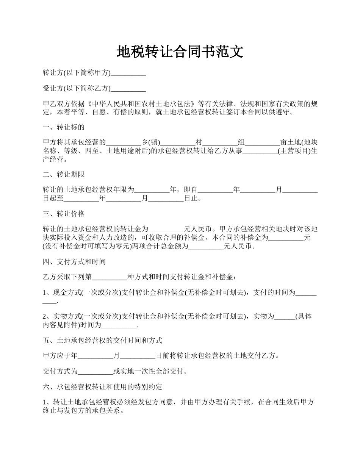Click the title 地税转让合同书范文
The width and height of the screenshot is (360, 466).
click(x=180, y=52)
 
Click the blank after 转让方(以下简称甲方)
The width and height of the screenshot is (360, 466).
click(x=128, y=73)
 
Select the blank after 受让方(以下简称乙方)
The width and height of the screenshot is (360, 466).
click(x=128, y=89)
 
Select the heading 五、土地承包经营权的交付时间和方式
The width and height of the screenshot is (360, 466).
click(x=102, y=340)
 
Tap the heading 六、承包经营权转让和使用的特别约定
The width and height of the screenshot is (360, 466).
click(x=102, y=387)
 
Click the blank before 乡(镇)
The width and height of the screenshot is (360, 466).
click(x=124, y=143)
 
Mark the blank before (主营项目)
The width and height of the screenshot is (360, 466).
click(x=260, y=152)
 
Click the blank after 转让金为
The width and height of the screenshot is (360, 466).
click(x=166, y=230)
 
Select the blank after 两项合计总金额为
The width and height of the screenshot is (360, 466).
click(x=206, y=246)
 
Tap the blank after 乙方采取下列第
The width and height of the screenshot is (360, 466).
click(x=110, y=277)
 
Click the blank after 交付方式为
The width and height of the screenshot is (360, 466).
click(x=95, y=372)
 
